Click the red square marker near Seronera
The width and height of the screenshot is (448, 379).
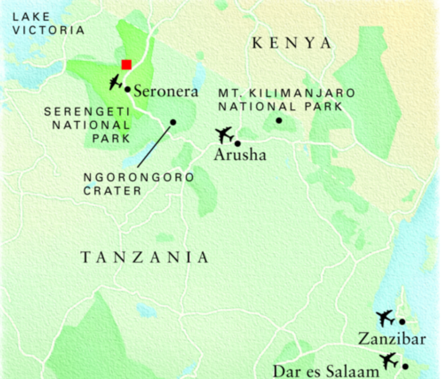127,65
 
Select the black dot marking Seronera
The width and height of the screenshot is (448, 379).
128,89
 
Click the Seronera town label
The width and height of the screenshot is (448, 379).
166,91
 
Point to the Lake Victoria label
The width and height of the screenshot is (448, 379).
48,24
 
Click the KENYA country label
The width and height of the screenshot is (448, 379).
292,43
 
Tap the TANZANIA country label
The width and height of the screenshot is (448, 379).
145,257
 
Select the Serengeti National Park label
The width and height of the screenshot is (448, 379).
88,125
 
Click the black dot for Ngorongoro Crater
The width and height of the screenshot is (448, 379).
173,122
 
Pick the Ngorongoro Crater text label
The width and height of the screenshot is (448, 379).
138,184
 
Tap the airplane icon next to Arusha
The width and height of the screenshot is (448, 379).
224,135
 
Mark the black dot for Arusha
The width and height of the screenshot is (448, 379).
238,143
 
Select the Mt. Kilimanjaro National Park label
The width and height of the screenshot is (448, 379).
286,100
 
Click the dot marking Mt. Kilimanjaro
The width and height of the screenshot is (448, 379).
279,121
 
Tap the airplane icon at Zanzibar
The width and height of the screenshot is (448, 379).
385,318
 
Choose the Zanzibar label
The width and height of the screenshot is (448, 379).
392,339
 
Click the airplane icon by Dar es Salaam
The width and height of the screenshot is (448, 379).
389,361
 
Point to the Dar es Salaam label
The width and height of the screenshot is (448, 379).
326,371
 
